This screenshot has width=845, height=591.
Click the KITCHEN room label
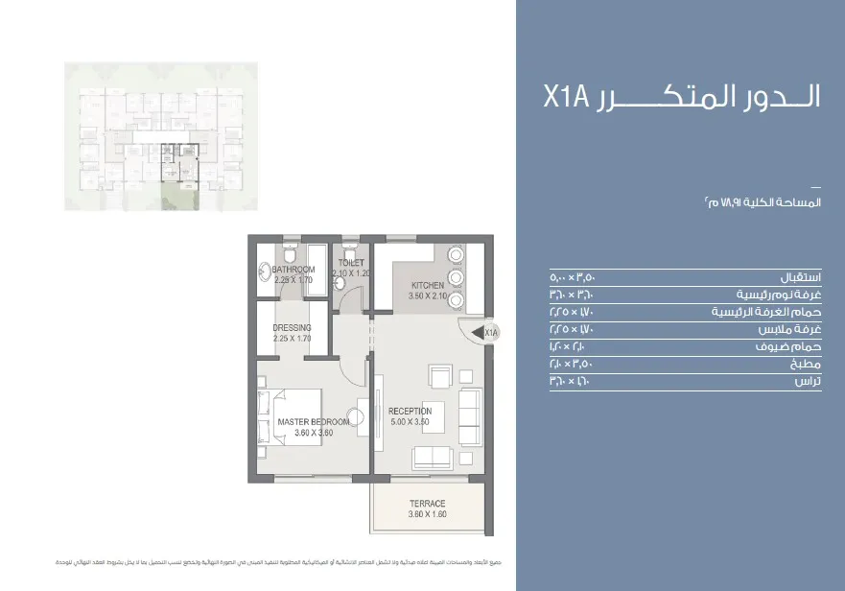[428, 286]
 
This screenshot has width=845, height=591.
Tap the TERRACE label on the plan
[427, 504]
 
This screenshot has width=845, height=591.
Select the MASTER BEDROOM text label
[313, 422]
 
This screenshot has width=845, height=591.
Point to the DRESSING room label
[292, 327]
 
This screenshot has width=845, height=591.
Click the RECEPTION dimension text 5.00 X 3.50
[411, 422]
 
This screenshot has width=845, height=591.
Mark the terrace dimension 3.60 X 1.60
[427, 514]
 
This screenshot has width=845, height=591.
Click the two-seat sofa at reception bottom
[434, 458]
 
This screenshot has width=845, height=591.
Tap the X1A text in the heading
[573, 98]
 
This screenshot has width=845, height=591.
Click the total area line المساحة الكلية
[761, 202]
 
